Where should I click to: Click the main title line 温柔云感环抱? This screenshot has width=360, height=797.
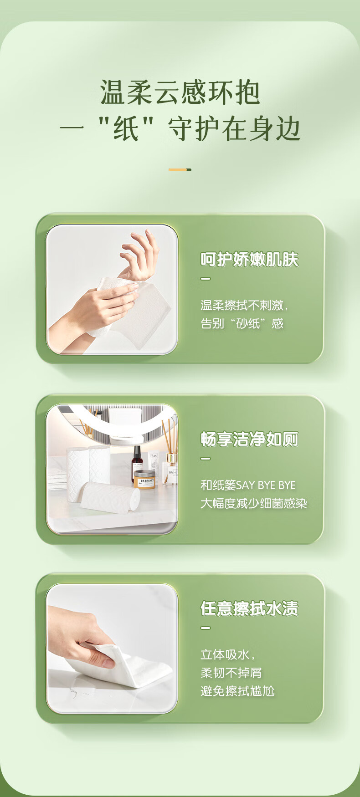click(180, 92)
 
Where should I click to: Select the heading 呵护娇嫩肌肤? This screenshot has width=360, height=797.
click(249, 260)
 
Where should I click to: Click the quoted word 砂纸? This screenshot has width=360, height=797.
click(247, 323)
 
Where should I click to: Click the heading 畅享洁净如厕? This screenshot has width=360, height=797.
click(249, 439)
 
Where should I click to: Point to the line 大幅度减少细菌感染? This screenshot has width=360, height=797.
click(254, 503)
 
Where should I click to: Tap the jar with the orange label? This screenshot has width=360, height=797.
click(144, 480)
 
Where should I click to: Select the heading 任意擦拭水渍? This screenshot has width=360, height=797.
click(249, 608)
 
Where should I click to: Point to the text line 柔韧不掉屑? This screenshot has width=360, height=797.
click(231, 673)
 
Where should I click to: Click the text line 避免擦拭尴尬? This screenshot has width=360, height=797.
click(237, 691)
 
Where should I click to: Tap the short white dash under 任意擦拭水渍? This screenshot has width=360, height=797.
click(206, 628)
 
